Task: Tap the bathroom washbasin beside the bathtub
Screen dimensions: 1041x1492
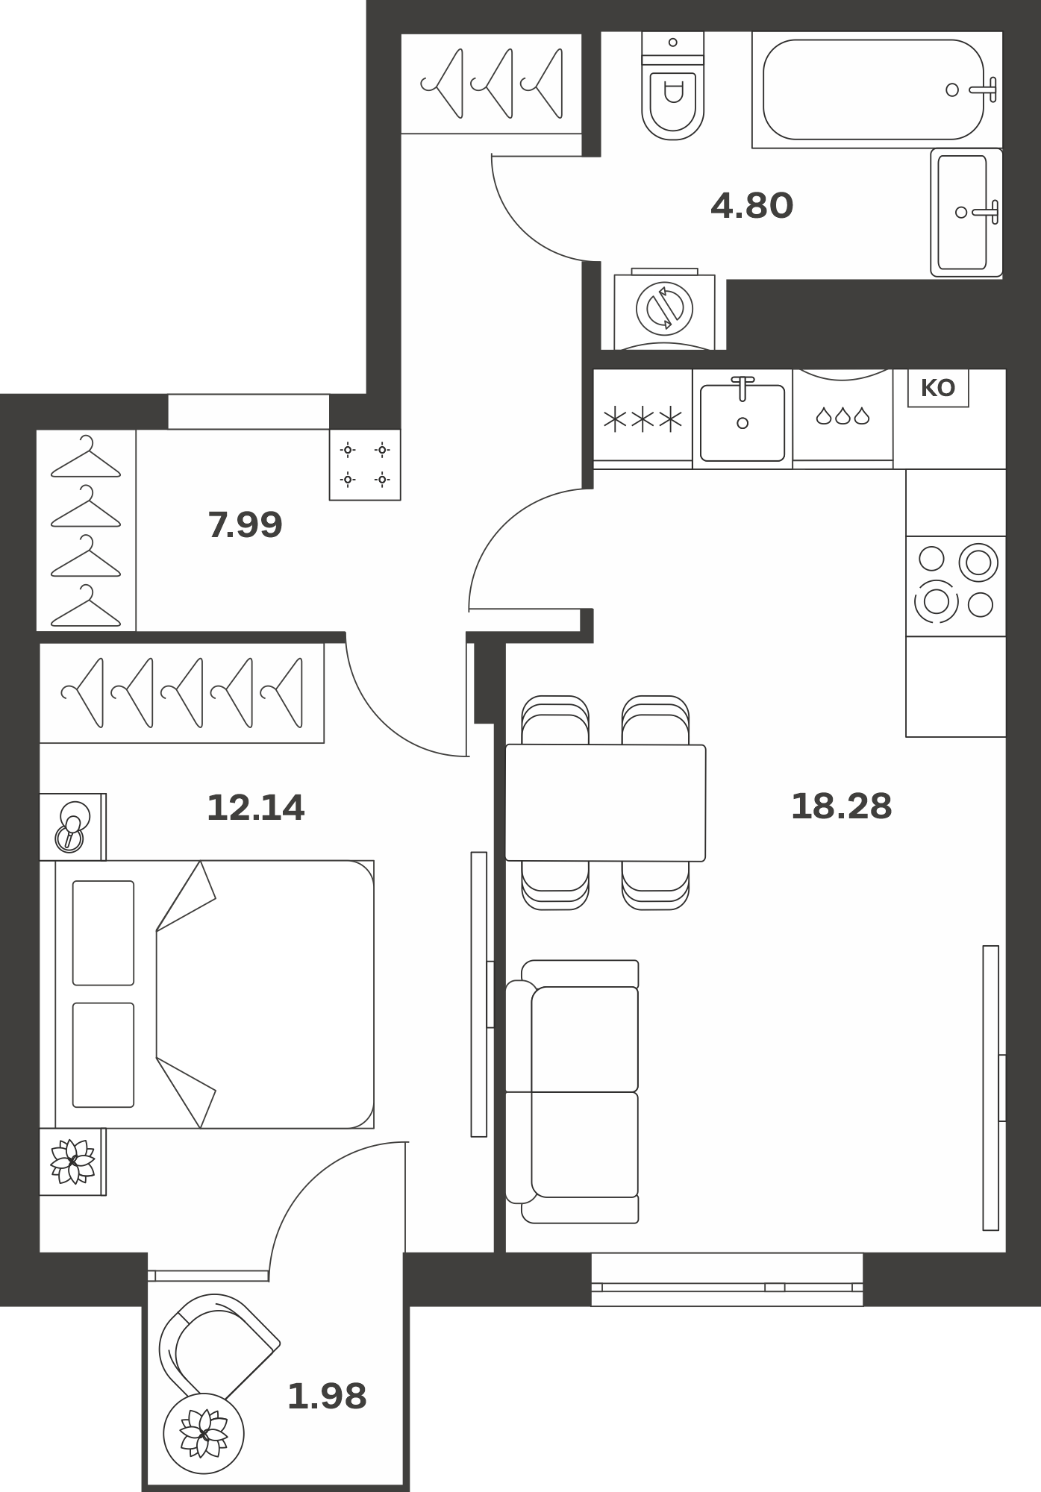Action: [x=966, y=213]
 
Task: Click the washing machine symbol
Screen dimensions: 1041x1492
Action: [x=664, y=308]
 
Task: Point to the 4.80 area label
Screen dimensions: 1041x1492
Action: [x=751, y=206]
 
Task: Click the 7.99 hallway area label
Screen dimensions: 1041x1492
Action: [x=245, y=525]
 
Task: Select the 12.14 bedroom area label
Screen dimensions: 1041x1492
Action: [x=255, y=808]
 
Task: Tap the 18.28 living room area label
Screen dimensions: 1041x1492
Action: [x=841, y=806]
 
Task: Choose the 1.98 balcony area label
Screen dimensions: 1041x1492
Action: [x=327, y=1397]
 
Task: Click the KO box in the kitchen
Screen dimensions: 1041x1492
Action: [x=938, y=389]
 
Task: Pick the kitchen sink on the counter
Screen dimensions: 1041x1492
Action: [x=743, y=419]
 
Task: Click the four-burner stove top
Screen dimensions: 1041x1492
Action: [x=956, y=586]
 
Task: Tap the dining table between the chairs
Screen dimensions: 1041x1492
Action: [x=605, y=803]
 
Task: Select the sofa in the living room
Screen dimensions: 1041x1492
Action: [x=572, y=1092]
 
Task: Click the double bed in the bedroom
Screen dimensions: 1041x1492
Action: [x=214, y=994]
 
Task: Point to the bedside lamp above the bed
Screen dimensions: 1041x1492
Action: [x=72, y=827]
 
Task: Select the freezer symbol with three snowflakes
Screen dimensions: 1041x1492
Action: [x=643, y=419]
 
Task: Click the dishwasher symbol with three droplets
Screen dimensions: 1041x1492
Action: [x=843, y=416]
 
